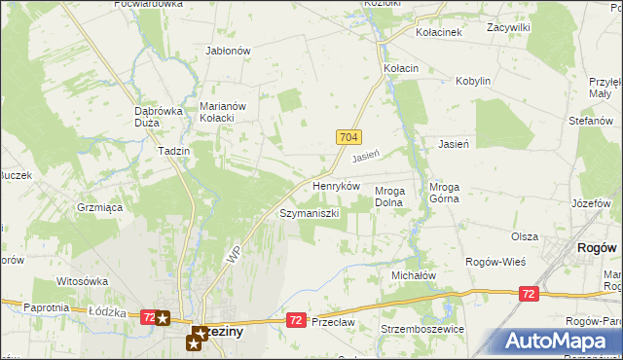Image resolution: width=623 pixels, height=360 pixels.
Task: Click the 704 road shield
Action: [x=351, y=139]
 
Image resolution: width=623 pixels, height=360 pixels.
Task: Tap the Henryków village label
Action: [x=337, y=185]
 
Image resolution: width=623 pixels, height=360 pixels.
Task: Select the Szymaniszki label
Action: [x=309, y=213]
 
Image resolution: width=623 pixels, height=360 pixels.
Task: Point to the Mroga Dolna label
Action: [x=396, y=197]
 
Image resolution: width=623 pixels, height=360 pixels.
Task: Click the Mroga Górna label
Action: [x=450, y=197]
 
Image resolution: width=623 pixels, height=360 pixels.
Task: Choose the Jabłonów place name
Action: [x=229, y=51]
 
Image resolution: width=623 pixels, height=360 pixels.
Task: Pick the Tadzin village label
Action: [x=173, y=151]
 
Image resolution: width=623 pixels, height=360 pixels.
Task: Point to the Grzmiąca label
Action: [x=99, y=207]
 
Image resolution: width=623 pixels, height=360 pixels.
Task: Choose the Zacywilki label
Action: [x=508, y=28]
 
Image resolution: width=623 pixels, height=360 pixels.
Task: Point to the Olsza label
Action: [x=525, y=236]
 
